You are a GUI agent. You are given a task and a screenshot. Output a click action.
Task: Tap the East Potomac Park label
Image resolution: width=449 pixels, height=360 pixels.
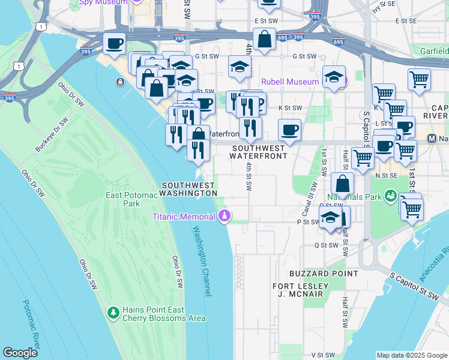coord(131,199)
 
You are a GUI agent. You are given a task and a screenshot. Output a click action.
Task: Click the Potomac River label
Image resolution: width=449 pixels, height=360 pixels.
coord(31,324)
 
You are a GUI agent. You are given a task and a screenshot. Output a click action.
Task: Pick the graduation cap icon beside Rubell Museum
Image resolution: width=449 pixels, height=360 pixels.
coord(334,77)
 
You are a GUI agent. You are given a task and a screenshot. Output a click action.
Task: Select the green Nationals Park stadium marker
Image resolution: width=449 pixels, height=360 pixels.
coord(391,196)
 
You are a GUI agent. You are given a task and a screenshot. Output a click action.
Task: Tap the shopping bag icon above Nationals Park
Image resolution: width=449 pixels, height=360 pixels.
coord(342,183)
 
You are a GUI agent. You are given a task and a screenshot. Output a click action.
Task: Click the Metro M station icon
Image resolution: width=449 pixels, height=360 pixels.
coord(432,138)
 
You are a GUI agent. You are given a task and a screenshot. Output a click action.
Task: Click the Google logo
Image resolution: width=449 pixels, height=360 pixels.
coord(20,353)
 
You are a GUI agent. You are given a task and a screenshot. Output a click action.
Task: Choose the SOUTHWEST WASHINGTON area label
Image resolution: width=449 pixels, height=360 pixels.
coord(188,189)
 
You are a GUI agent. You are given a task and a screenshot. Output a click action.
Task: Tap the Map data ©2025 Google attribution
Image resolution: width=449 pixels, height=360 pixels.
coord(411,355)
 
